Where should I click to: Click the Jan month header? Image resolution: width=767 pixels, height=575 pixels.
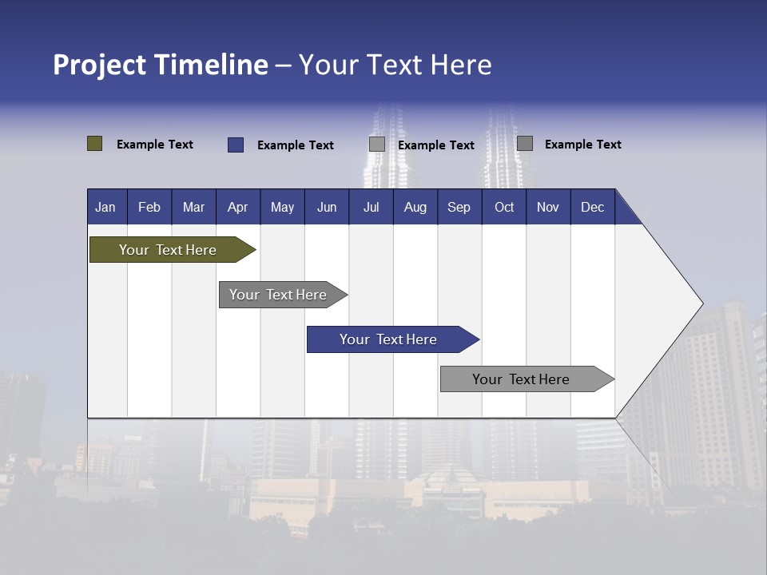click(105, 207)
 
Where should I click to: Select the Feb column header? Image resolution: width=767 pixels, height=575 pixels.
click(149, 207)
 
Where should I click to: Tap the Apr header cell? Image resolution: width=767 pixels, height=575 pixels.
click(237, 207)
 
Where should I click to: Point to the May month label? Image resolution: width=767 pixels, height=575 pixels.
click(282, 207)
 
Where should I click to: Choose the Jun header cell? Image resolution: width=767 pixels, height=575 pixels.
click(327, 207)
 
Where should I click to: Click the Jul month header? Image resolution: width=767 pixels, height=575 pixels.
click(371, 207)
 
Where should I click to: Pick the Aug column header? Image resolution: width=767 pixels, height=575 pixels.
click(415, 207)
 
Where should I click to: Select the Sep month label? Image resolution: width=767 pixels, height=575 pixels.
click(459, 207)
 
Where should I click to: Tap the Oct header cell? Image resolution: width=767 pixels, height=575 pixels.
click(504, 207)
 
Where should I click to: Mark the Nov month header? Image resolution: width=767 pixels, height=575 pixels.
click(548, 207)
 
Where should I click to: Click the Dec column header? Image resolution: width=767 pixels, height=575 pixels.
click(593, 207)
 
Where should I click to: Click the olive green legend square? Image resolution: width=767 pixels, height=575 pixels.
click(95, 144)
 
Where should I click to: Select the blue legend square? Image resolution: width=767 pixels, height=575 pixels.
click(236, 145)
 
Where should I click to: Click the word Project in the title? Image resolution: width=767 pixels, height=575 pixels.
click(100, 65)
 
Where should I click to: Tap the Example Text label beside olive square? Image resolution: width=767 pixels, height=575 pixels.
click(155, 145)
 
